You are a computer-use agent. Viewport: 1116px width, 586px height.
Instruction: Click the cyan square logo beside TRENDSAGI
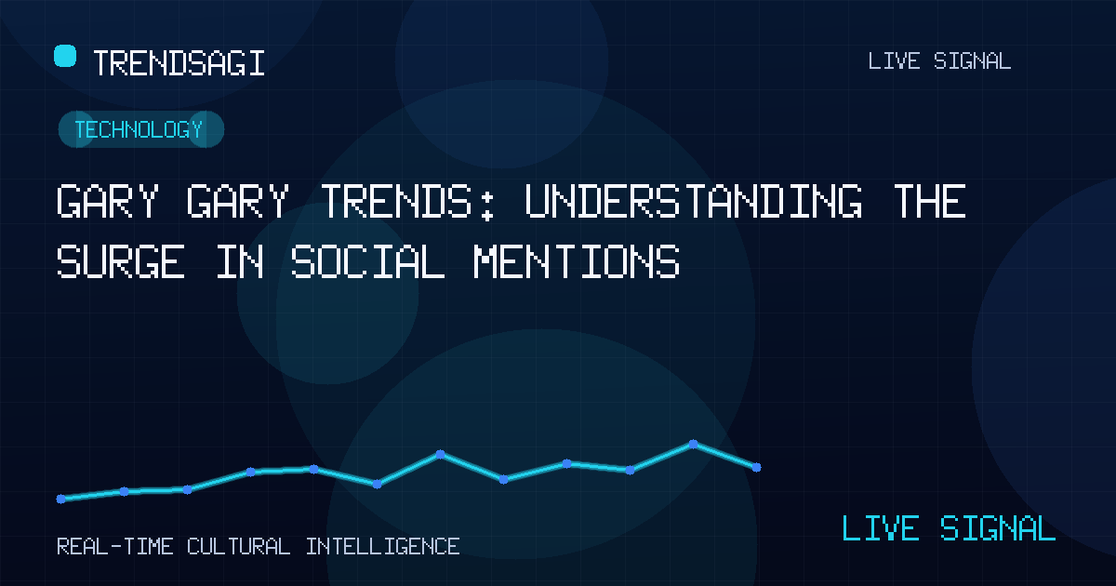(x=65, y=56)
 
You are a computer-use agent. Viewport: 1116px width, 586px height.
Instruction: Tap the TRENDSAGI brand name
(x=179, y=63)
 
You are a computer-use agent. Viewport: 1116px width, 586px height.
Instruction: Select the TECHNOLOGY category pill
(x=141, y=129)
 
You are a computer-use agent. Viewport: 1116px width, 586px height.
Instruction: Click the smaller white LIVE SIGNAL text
(x=939, y=61)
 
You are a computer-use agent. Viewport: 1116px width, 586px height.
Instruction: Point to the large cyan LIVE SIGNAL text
(x=949, y=528)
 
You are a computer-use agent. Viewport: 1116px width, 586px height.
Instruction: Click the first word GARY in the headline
(x=108, y=201)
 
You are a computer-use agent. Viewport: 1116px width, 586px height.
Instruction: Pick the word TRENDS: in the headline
(x=407, y=201)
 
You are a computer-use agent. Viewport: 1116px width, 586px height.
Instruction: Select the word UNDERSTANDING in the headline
(x=694, y=201)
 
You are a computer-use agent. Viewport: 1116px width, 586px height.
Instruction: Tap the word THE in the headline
(x=930, y=201)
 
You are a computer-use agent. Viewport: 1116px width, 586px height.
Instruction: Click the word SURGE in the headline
(x=121, y=261)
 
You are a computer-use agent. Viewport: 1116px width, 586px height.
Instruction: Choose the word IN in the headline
(x=240, y=261)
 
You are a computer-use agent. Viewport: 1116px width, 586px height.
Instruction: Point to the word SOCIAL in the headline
(x=367, y=261)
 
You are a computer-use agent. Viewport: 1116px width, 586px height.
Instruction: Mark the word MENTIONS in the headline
(x=577, y=261)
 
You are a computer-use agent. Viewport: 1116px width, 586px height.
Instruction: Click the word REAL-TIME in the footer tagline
(x=115, y=547)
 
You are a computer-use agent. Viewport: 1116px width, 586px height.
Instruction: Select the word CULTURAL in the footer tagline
(x=239, y=547)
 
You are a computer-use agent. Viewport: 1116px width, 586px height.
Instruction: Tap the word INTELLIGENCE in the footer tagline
(x=382, y=547)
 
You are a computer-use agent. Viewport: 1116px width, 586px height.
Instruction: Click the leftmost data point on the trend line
(x=60, y=499)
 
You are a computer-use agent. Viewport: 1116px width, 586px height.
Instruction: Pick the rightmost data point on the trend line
(x=756, y=467)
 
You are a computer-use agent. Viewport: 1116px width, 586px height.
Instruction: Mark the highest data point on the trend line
(x=693, y=444)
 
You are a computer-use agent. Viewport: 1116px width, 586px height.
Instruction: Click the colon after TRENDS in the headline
(x=488, y=206)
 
